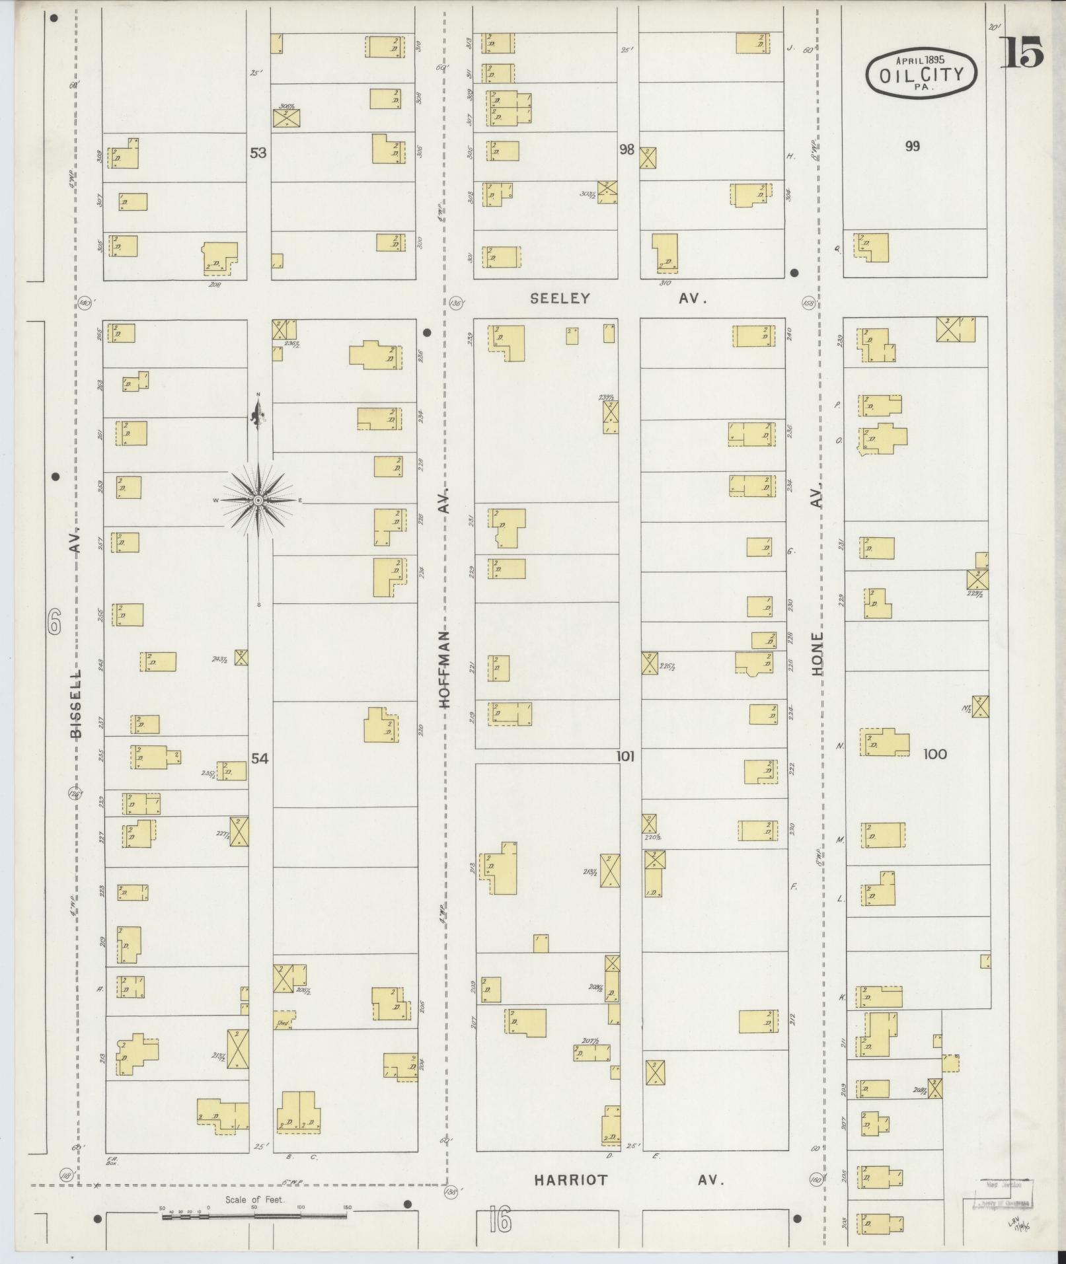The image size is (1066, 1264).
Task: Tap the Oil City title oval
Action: [921, 73]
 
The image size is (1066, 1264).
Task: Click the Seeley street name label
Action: [559, 299]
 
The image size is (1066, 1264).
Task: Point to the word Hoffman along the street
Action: [445, 669]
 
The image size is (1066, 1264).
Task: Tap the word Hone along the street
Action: [818, 653]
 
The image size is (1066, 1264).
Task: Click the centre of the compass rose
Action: [258, 501]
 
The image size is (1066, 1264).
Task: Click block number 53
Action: [258, 153]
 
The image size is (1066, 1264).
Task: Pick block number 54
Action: [260, 759]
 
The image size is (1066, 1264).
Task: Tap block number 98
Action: [627, 149]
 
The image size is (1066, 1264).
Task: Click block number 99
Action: [912, 146]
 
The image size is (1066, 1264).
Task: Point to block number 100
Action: [935, 754]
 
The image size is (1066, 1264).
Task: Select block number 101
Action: [625, 756]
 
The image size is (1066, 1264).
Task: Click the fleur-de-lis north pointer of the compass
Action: [258, 415]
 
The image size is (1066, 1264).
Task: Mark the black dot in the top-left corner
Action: [54, 18]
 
